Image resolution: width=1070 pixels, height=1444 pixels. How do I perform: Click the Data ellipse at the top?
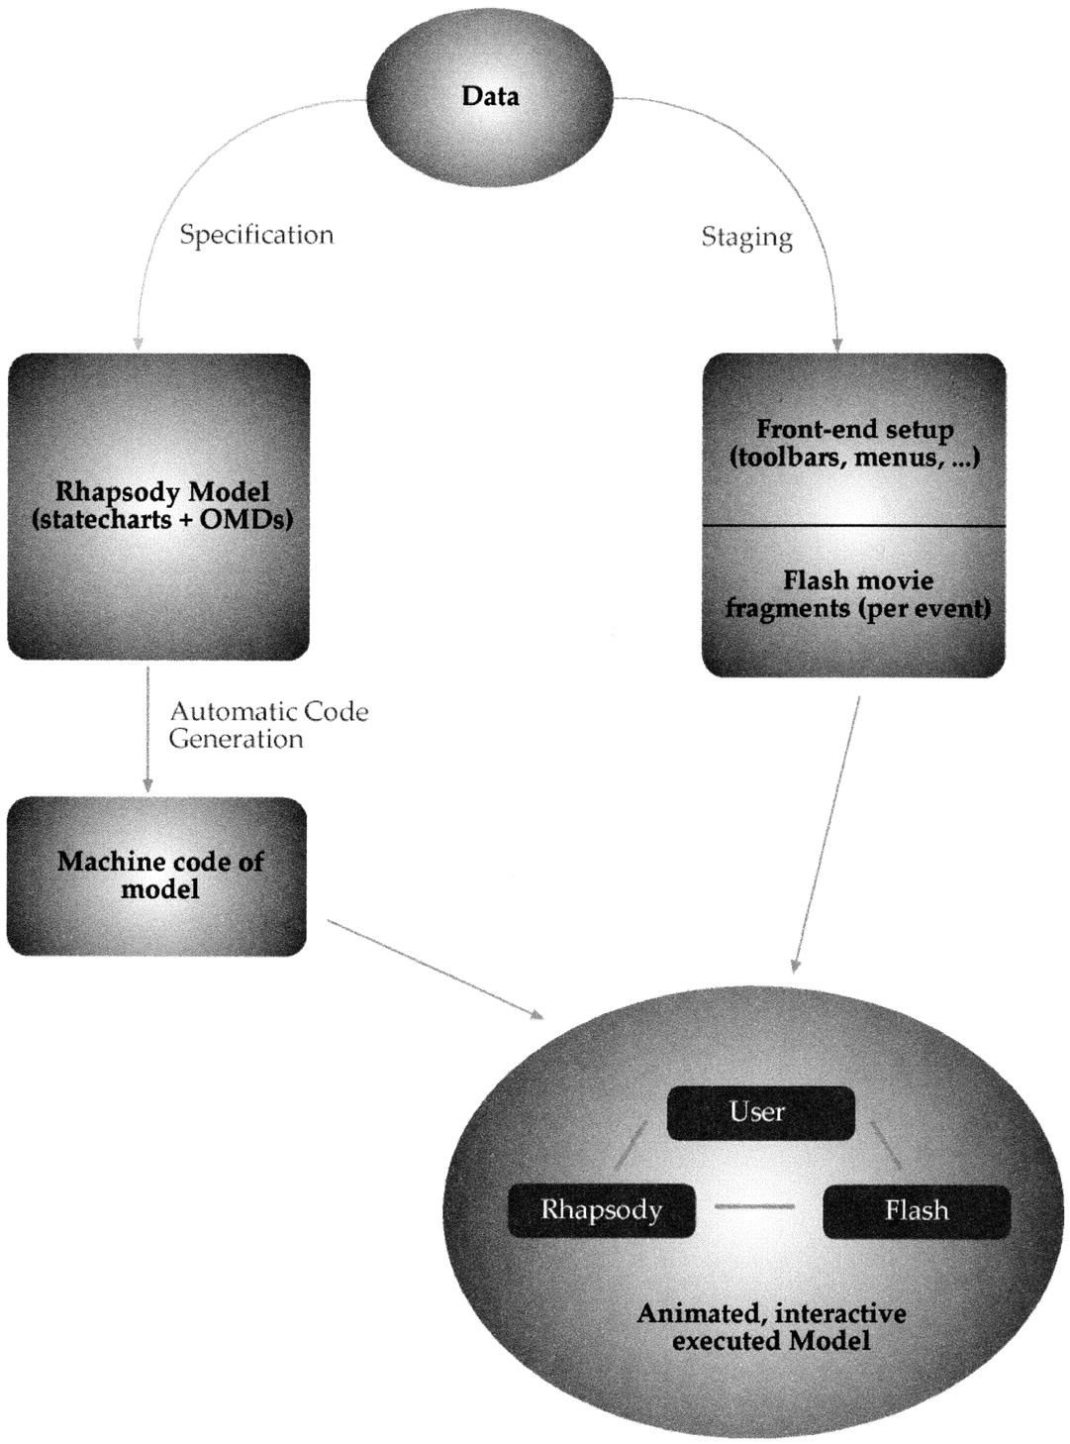pyautogui.click(x=490, y=96)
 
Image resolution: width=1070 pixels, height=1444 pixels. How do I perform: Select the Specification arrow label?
pyautogui.click(x=256, y=235)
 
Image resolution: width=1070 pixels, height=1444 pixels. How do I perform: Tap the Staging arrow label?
pyautogui.click(x=746, y=238)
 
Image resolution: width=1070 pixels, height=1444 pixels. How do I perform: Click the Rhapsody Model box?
pyautogui.click(x=159, y=506)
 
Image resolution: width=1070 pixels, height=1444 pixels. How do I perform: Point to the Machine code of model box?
pyautogui.click(x=157, y=876)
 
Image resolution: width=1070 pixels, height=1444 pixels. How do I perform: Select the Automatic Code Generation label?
pyautogui.click(x=267, y=725)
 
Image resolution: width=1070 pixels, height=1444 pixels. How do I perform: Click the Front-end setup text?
pyautogui.click(x=854, y=443)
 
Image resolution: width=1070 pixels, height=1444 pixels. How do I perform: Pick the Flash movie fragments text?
pyautogui.click(x=857, y=594)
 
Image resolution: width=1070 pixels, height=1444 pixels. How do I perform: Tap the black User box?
pyautogui.click(x=760, y=1112)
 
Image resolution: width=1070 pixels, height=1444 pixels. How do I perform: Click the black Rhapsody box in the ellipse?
pyautogui.click(x=602, y=1209)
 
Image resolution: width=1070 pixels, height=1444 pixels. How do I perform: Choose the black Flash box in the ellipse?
pyautogui.click(x=917, y=1210)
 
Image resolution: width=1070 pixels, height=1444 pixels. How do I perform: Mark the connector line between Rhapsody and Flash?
pyautogui.click(x=754, y=1206)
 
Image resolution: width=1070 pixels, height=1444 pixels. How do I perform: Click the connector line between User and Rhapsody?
pyautogui.click(x=630, y=1145)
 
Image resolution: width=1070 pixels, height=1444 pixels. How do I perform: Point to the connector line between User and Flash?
pyautogui.click(x=885, y=1143)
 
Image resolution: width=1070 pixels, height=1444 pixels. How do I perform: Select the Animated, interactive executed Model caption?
pyautogui.click(x=771, y=1327)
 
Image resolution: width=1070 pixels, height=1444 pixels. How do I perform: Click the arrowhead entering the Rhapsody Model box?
pyautogui.click(x=139, y=344)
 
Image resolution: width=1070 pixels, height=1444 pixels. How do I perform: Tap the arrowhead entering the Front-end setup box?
pyautogui.click(x=837, y=345)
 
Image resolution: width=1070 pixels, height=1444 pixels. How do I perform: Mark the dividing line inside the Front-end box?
pyautogui.click(x=854, y=525)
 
